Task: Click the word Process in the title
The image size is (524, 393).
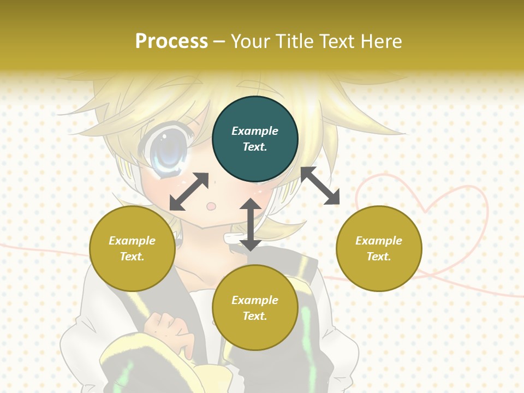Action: [x=171, y=41]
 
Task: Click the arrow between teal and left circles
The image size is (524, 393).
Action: [x=189, y=191]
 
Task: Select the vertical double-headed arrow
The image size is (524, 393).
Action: [x=250, y=224]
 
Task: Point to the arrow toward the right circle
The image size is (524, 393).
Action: [x=320, y=186]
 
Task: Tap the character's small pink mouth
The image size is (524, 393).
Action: [x=212, y=206]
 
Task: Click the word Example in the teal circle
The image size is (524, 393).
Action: [x=255, y=131]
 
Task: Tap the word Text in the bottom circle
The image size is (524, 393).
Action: [x=255, y=316]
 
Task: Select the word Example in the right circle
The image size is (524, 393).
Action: [x=379, y=241]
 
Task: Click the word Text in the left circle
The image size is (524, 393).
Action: [x=132, y=257]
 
